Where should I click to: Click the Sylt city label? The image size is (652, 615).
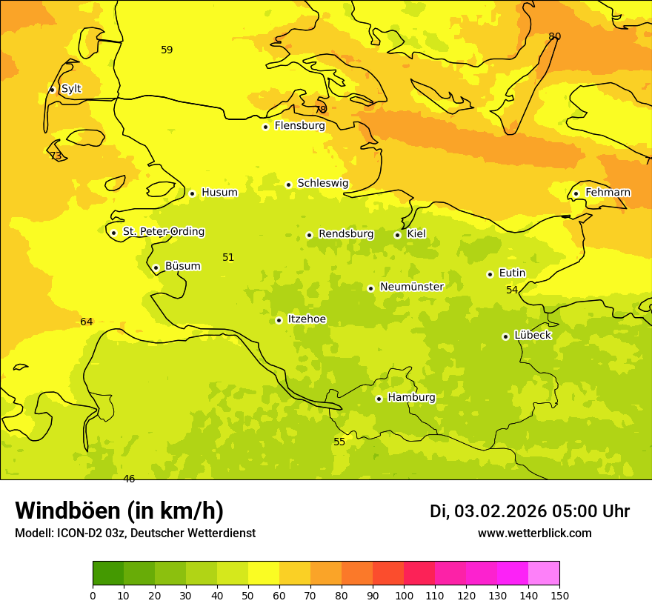[x=71, y=89]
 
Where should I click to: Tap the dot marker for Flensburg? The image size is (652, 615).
[x=265, y=127]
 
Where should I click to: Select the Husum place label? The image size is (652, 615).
[x=219, y=193]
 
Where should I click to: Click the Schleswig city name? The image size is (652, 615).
[x=322, y=183]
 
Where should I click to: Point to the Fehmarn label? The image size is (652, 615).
[x=608, y=193]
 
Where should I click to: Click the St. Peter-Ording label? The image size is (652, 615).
[x=163, y=232]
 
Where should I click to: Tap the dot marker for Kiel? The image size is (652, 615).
[x=397, y=235]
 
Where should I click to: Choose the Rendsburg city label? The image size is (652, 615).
[x=345, y=234]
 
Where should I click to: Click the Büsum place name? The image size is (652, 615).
[x=182, y=266]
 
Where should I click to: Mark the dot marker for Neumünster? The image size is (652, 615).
[x=370, y=288]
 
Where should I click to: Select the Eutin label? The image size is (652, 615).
[x=512, y=273]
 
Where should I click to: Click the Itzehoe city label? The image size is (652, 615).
[x=306, y=319]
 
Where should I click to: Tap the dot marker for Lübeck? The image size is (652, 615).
[x=505, y=336]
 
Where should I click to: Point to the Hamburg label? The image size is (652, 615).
[x=411, y=398]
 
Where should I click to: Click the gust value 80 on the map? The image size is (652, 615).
[x=554, y=36]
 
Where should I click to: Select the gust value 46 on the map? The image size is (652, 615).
[x=129, y=479]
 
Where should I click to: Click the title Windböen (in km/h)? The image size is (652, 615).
[x=119, y=511]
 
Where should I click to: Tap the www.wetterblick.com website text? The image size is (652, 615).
[x=534, y=533]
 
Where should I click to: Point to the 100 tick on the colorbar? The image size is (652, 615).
[x=404, y=595]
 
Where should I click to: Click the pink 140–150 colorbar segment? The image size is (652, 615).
[x=543, y=574]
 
